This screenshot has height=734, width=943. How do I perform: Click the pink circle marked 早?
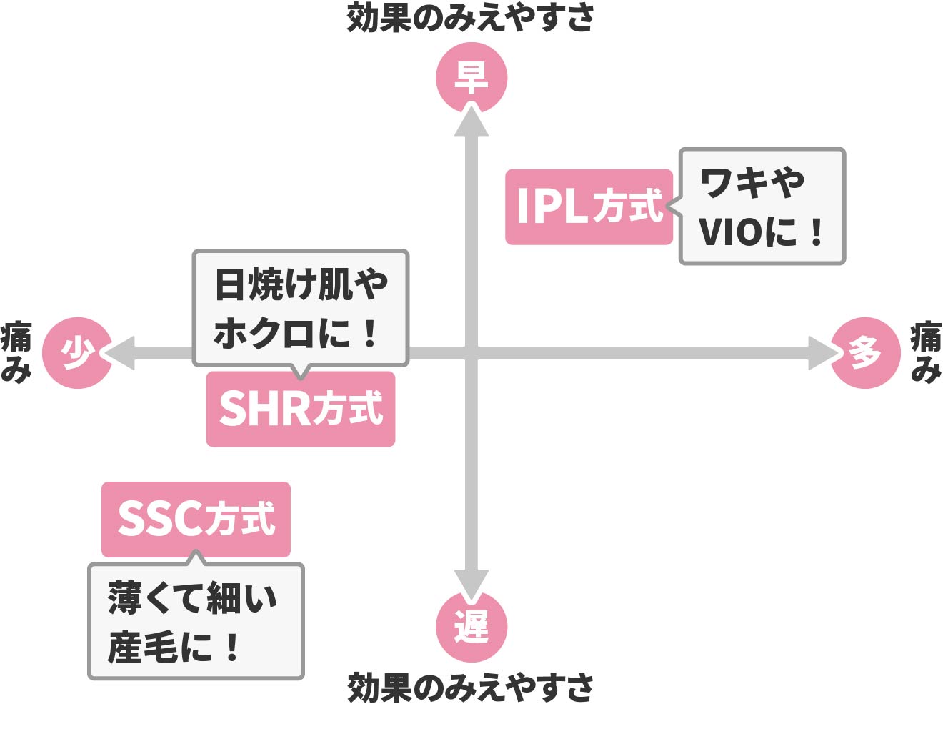(x=471, y=77)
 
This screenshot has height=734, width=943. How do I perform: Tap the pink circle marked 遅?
(x=471, y=628)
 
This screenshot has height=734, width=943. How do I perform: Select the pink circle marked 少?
(x=77, y=353)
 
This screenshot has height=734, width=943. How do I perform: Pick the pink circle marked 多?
(x=865, y=353)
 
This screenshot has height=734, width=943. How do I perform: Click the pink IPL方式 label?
(x=589, y=207)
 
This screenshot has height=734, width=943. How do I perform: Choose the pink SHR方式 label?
(x=300, y=409)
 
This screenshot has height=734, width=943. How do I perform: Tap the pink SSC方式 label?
(x=196, y=520)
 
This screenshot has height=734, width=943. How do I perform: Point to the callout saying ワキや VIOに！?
(x=762, y=207)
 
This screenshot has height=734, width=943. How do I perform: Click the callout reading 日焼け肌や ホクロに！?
(x=300, y=308)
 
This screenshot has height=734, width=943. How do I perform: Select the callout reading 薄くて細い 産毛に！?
(x=196, y=621)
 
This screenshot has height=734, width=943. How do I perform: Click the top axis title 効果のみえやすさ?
(x=471, y=18)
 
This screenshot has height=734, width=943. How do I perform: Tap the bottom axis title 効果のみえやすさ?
(x=471, y=688)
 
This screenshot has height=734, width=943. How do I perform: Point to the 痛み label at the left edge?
(x=16, y=353)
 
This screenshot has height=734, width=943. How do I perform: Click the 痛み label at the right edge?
(x=926, y=353)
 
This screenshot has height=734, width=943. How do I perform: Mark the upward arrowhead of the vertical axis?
(x=471, y=120)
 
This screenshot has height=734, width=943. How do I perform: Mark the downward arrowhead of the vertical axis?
(x=471, y=584)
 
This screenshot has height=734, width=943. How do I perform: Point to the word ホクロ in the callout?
(x=264, y=334)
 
